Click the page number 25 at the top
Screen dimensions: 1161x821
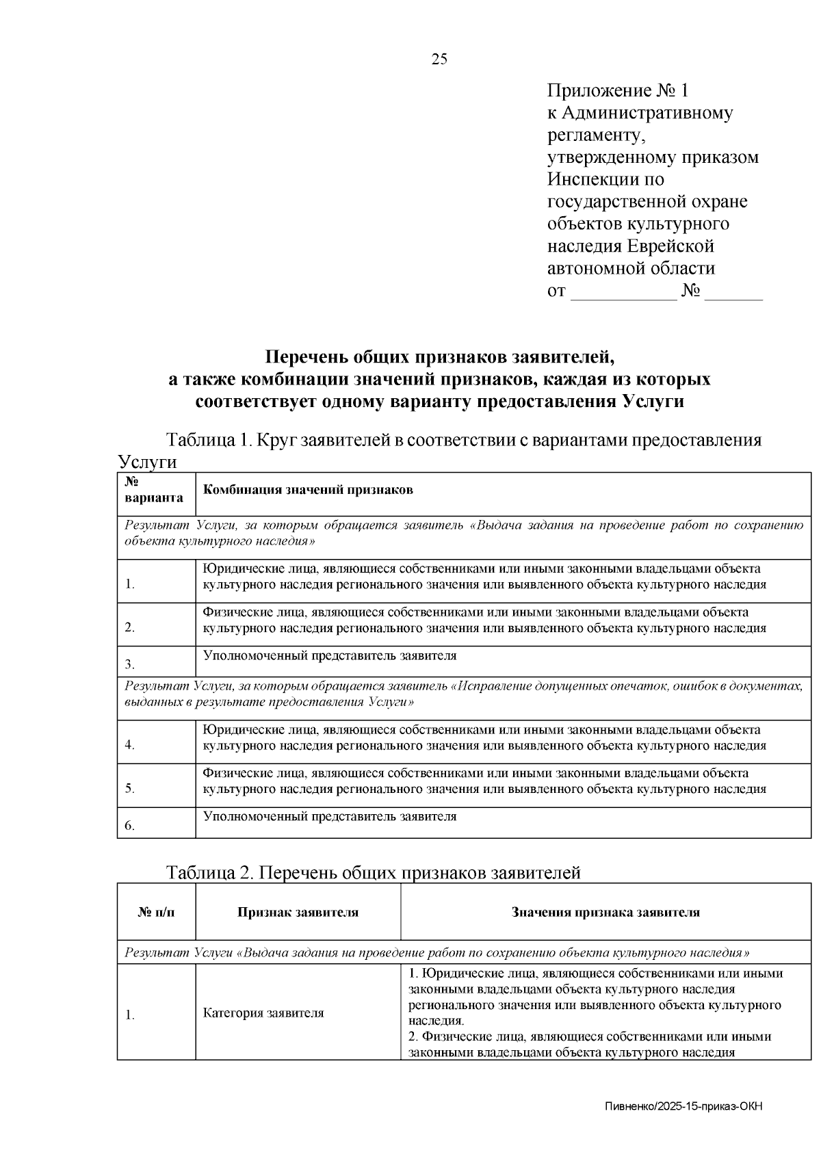pos(439,59)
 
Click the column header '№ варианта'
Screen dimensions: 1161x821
pos(154,490)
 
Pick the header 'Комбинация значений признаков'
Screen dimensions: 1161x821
pos(308,490)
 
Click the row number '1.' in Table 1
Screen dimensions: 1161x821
pos(130,584)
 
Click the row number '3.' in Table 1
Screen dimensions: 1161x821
pos(130,664)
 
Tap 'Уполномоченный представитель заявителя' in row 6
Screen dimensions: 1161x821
pos(330,816)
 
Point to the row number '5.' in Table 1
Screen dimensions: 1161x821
pos(130,788)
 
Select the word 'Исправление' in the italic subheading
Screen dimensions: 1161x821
pos(494,686)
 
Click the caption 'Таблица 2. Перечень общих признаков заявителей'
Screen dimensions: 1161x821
pos(374,872)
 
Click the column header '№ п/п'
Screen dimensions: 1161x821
pos(156,912)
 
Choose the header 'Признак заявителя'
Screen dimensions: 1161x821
pos(298,912)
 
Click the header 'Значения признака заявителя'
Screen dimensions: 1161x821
pos(605,912)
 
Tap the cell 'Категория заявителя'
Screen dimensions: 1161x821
pos(263,1013)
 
